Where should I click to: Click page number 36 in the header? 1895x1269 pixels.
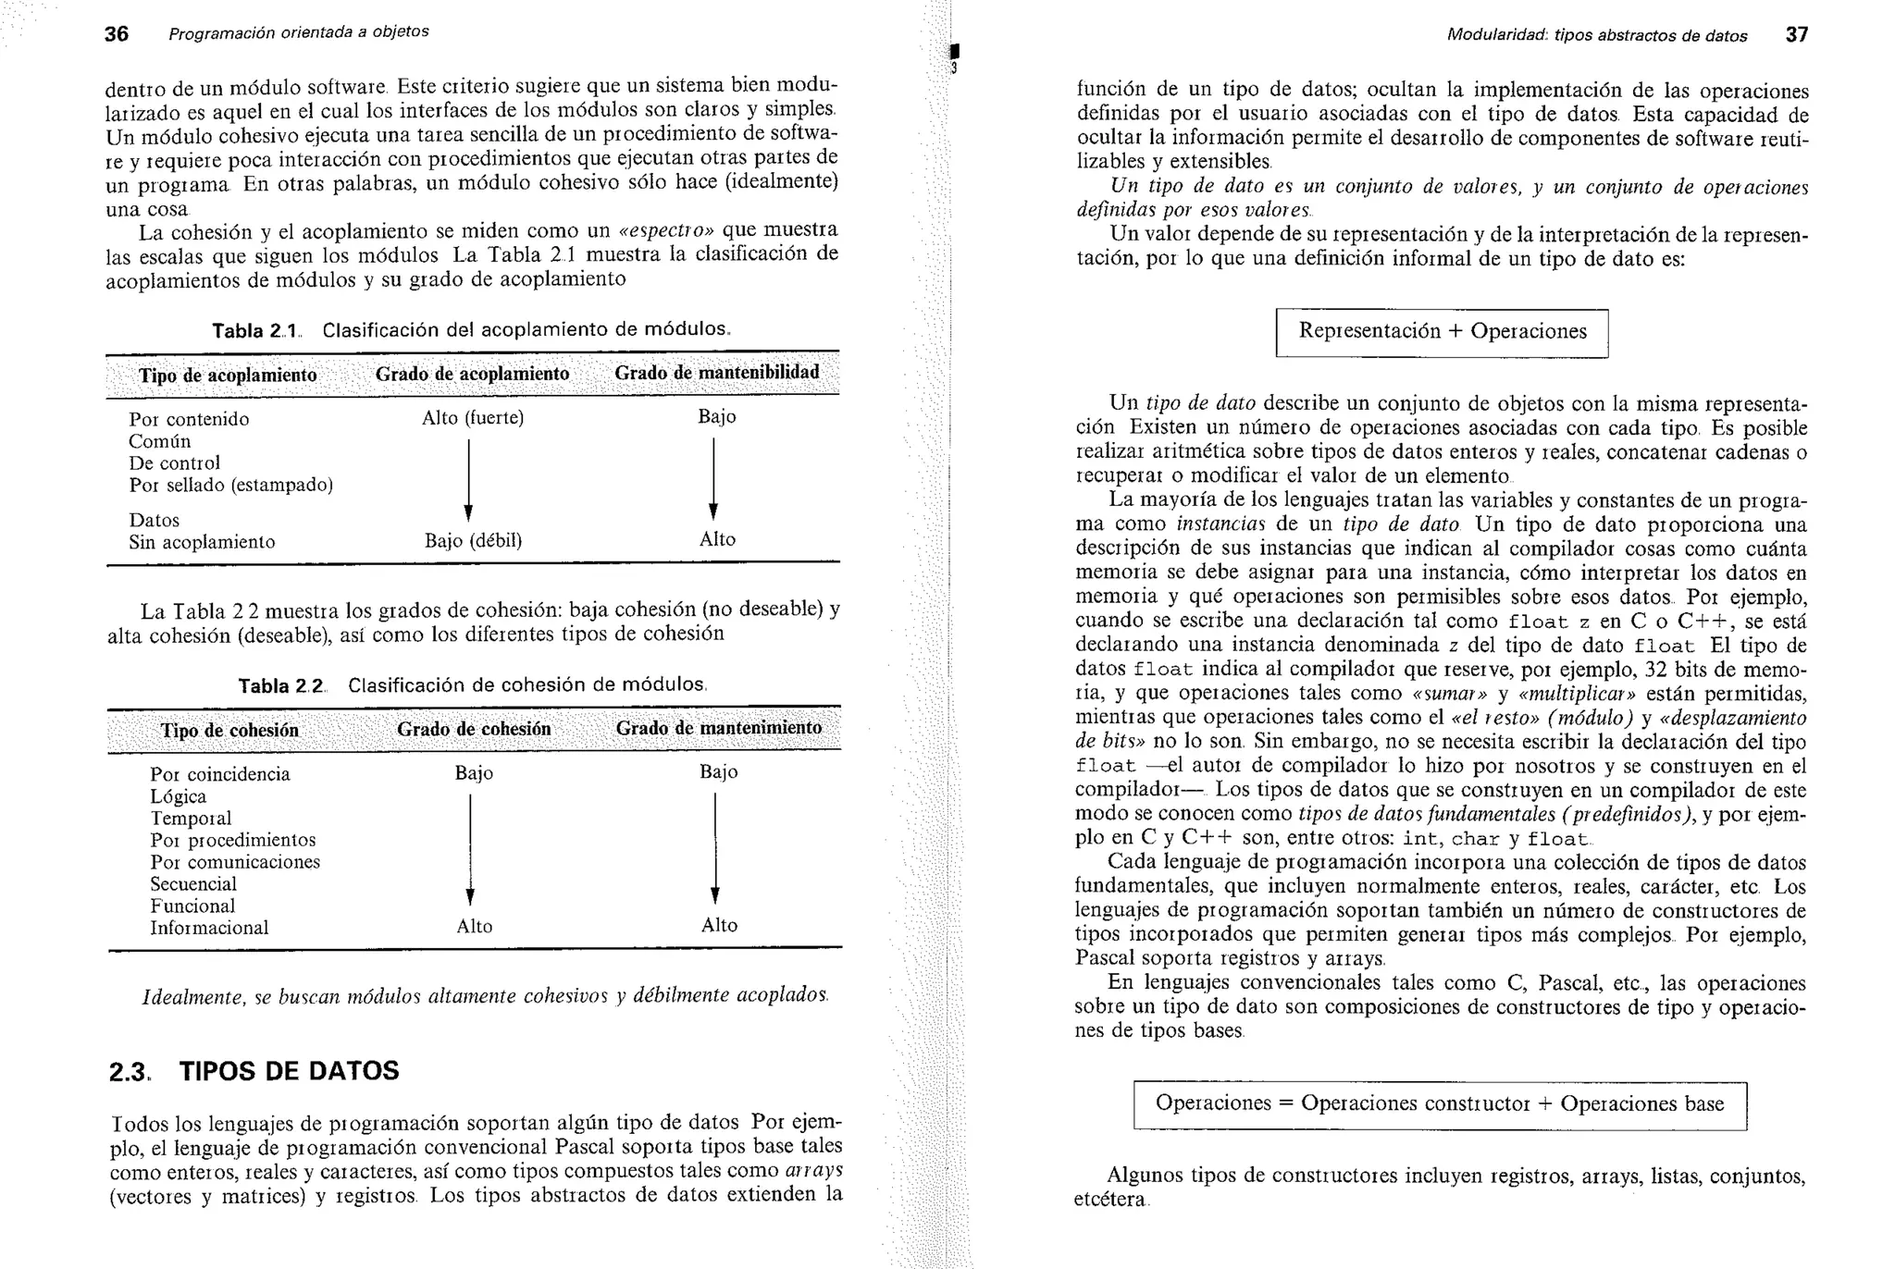(116, 34)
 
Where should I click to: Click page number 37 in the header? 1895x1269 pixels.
(1796, 35)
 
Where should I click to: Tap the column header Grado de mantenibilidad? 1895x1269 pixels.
(717, 373)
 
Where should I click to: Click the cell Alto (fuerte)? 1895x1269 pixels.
(473, 418)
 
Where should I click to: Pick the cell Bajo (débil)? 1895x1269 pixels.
(473, 540)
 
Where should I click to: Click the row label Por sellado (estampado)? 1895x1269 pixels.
(230, 485)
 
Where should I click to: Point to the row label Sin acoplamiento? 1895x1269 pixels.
(202, 542)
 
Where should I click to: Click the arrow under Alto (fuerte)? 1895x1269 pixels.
(468, 479)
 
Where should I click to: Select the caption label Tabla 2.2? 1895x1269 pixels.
(282, 686)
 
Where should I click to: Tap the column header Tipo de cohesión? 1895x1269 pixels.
(229, 731)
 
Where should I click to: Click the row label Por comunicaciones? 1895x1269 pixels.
(235, 862)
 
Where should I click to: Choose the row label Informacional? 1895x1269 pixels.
(209, 928)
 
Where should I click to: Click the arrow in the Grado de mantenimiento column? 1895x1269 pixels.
(715, 847)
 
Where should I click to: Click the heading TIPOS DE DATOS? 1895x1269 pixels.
(289, 1071)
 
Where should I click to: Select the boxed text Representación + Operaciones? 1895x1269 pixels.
(1442, 332)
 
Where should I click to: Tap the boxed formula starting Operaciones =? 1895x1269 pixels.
(1440, 1104)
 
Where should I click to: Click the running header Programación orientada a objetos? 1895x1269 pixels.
(298, 32)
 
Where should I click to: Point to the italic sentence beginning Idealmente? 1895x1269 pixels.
(485, 996)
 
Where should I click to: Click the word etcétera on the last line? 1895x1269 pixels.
(1109, 1201)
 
